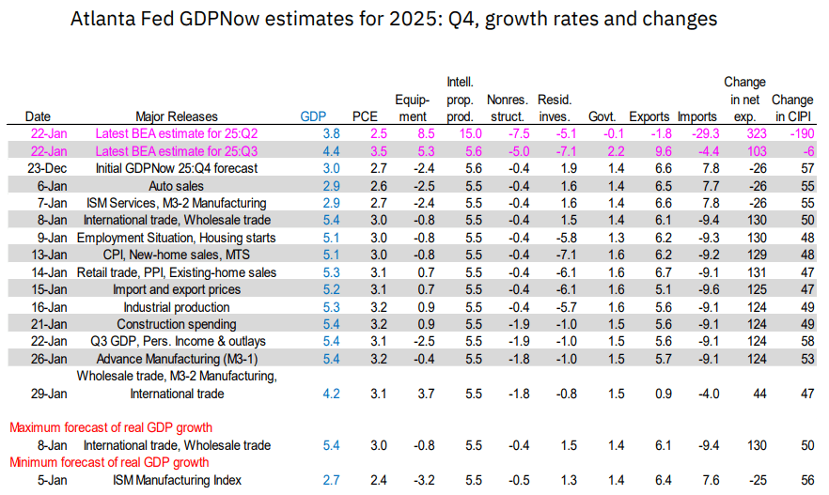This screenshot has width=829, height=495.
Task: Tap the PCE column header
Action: tap(364, 116)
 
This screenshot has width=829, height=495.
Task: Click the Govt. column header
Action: tap(601, 116)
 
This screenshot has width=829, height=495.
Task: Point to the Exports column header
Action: tap(649, 116)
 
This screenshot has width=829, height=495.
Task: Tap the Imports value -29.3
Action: tap(696, 133)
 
